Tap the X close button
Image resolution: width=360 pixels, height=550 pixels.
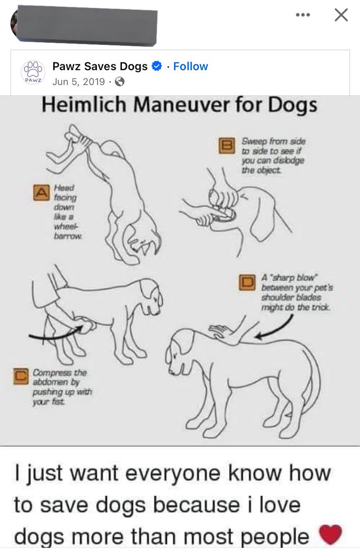[x=341, y=15]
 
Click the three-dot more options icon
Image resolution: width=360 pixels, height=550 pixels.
[x=303, y=15]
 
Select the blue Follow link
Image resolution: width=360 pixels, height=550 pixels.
[x=191, y=66]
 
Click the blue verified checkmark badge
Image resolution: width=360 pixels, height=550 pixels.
[x=157, y=66]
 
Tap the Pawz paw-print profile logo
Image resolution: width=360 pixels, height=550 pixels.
[x=33, y=72]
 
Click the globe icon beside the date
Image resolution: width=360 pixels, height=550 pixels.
[x=120, y=82]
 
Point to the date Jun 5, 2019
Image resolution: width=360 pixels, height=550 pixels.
[x=78, y=82]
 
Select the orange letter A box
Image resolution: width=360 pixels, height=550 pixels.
[x=41, y=192]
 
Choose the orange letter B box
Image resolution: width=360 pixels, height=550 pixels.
[x=227, y=146]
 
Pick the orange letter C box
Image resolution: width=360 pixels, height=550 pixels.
[x=21, y=376]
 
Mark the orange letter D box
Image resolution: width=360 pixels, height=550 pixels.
[x=247, y=283]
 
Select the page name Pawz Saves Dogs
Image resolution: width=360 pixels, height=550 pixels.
[x=100, y=66]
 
